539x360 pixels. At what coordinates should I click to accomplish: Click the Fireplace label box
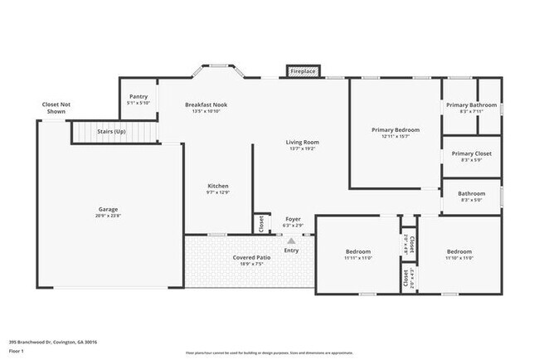303,72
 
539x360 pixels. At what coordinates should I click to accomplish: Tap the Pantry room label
138,97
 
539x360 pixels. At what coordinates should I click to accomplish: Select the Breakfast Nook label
206,105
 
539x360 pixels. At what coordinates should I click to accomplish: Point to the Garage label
108,210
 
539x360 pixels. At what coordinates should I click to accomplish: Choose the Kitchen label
217,186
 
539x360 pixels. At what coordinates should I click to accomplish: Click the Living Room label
303,142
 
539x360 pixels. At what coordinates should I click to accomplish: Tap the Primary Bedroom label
395,130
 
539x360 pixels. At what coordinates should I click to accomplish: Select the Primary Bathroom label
471,105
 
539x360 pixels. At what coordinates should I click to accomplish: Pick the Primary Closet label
471,153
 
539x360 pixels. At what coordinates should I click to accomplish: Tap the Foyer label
293,219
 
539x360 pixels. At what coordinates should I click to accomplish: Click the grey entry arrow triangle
291,241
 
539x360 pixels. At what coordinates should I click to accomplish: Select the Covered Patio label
250,257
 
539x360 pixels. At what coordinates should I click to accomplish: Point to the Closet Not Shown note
56,108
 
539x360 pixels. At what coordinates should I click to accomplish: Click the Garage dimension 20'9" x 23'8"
108,216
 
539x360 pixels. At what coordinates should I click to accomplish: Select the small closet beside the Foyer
261,222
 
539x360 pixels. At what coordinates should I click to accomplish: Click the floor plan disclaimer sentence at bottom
269,350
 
